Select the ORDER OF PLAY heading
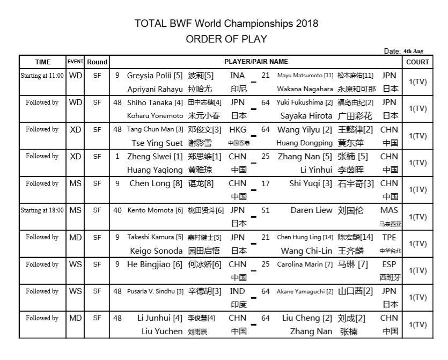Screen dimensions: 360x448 pos(226,39)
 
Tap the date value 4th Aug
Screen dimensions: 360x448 pos(414,51)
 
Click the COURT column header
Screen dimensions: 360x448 pos(417,62)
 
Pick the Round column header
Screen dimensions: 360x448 pos(97,62)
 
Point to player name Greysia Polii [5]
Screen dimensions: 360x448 pos(155,76)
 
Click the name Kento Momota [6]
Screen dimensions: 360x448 pos(155,210)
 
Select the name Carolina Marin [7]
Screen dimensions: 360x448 pos(305,265)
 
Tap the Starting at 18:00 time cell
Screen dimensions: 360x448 pos(42,210)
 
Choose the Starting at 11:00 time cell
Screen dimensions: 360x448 pos(42,76)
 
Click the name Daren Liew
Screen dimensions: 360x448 pos(311,210)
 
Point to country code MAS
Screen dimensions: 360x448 pos(390,210)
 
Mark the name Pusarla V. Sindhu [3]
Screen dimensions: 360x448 pos(155,291)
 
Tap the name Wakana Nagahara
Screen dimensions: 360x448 pos(305,89)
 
